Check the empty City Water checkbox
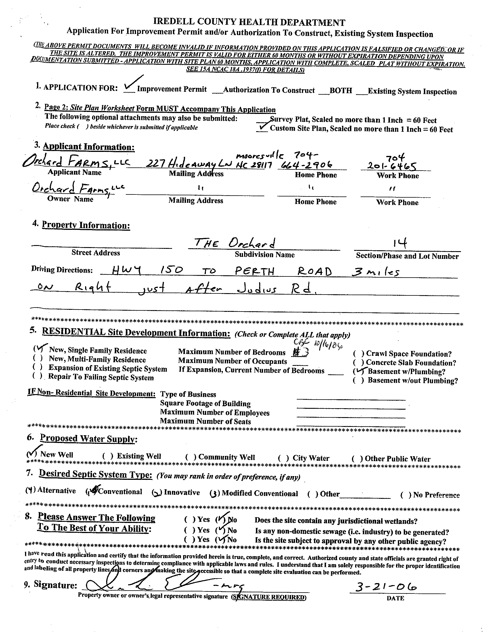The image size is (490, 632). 283,458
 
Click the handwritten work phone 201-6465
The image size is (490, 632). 392,165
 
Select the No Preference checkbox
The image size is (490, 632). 406,495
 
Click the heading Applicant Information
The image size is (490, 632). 89,147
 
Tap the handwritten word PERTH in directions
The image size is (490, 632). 255,271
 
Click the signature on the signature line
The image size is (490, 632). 162,586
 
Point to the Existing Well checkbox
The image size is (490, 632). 108,456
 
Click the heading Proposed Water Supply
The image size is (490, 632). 88,439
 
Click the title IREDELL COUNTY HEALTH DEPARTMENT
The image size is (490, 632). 249,22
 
